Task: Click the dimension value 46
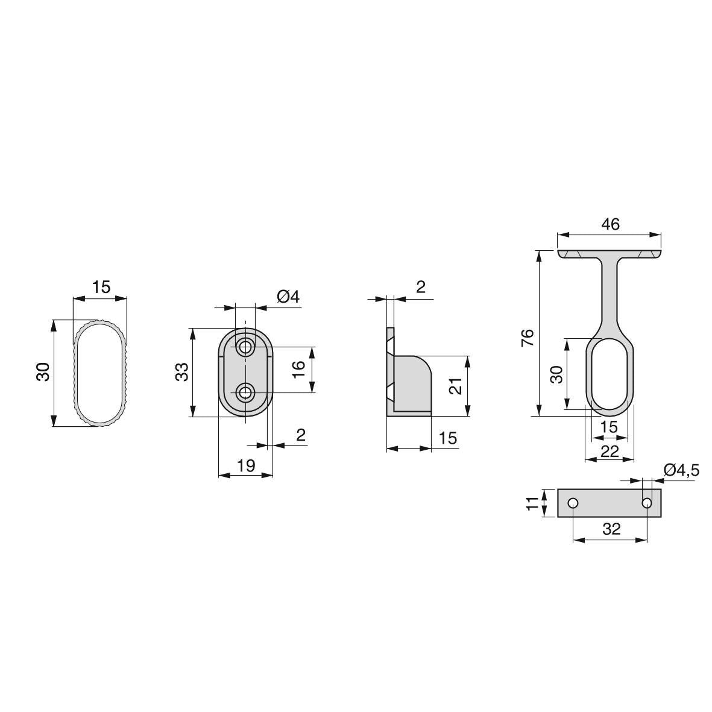click(610, 224)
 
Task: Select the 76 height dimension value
click(528, 337)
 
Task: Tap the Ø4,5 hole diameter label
click(681, 470)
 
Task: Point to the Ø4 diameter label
click(288, 297)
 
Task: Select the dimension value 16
click(299, 369)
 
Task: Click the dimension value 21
click(456, 386)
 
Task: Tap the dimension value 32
click(611, 529)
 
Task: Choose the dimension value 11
click(531, 503)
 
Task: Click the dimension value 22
click(610, 451)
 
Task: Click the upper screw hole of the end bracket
click(245, 347)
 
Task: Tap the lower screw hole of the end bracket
click(245, 393)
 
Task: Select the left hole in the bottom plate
click(573, 503)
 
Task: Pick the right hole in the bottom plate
click(646, 503)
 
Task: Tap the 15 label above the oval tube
click(101, 287)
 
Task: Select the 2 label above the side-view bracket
click(420, 287)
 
